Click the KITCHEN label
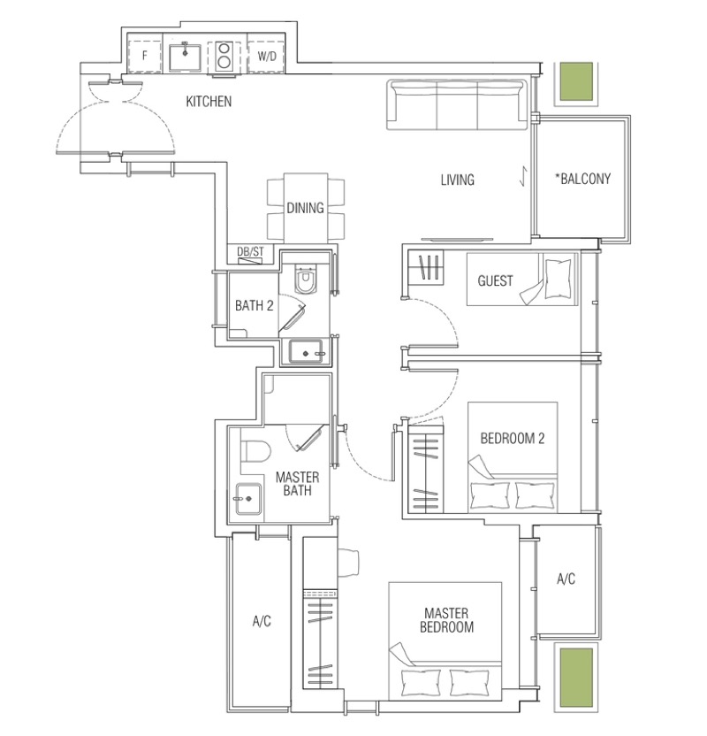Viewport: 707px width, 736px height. [x=209, y=102]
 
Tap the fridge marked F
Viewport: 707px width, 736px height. [x=145, y=57]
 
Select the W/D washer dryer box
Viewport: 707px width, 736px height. [x=266, y=57]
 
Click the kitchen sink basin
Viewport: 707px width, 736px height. [x=186, y=57]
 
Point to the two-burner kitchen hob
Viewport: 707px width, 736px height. [x=224, y=57]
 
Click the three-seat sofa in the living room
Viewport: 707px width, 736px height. [x=456, y=104]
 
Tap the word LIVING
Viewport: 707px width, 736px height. [x=457, y=180]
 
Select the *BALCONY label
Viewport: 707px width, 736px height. [x=582, y=179]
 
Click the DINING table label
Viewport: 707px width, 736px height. [x=305, y=208]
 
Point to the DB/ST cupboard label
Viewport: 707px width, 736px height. [x=250, y=251]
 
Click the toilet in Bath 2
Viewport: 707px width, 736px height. [x=305, y=280]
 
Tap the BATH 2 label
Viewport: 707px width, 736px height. [x=255, y=306]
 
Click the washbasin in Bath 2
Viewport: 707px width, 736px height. [x=306, y=352]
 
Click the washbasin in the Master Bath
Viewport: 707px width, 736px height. [x=248, y=499]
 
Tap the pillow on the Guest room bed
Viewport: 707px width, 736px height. [x=559, y=278]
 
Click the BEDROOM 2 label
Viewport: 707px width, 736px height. [x=513, y=439]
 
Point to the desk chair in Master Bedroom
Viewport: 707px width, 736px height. [x=348, y=562]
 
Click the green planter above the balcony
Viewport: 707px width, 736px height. [x=576, y=82]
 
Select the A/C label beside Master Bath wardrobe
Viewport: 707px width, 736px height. [x=262, y=622]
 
